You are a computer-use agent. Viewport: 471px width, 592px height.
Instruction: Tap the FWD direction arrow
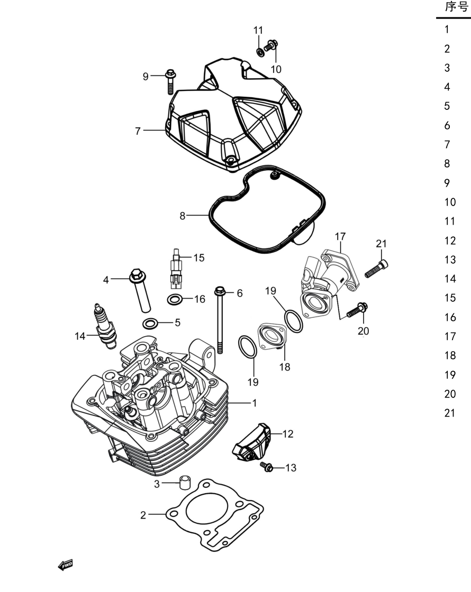[65, 565]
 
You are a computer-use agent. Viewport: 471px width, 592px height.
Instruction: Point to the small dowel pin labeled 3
[185, 482]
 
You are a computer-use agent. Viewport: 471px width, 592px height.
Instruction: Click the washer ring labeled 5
[150, 323]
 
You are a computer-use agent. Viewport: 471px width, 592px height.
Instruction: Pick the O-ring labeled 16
[175, 300]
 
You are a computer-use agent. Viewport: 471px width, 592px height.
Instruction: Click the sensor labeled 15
[175, 270]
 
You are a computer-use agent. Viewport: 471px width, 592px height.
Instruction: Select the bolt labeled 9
[170, 81]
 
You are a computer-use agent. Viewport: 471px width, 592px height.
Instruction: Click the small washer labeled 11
[260, 52]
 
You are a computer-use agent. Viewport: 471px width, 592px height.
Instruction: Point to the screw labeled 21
[376, 268]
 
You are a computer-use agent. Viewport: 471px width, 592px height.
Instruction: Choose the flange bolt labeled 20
[358, 310]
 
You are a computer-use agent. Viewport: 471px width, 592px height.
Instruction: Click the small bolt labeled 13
[267, 467]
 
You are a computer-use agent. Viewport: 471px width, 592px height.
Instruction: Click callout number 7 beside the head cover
[138, 131]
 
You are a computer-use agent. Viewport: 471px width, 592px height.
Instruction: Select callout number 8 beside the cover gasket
[182, 216]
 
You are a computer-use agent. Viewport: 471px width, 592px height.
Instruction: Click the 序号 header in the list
[456, 7]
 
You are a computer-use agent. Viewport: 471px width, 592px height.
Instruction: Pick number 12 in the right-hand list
[450, 240]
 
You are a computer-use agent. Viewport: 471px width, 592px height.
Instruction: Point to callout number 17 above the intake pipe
[340, 236]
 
